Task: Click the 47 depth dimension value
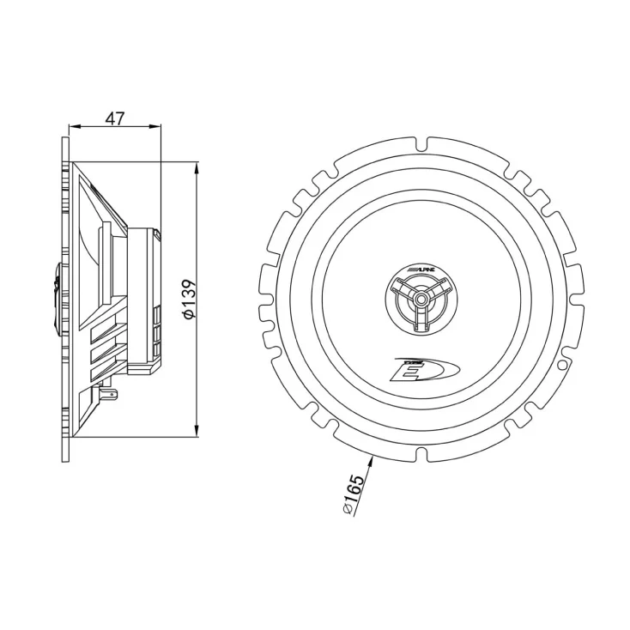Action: pos(115,118)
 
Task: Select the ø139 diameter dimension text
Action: pos(189,300)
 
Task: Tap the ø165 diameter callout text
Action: pos(354,494)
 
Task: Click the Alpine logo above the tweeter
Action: pos(421,270)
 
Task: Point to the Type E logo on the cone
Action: pos(425,369)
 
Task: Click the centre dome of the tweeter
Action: pos(421,299)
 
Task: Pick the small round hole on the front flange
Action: pos(562,365)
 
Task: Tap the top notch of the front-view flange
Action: pos(421,144)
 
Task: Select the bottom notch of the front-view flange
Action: pos(421,454)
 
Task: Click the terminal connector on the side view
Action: pos(108,394)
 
